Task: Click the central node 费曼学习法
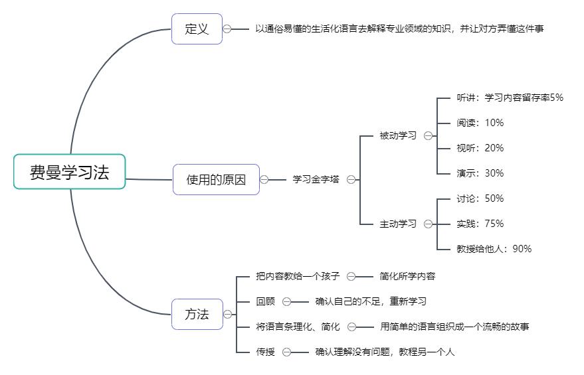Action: pyautogui.click(x=69, y=172)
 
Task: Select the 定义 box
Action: pyautogui.click(x=197, y=29)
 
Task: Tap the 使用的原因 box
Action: pyautogui.click(x=216, y=179)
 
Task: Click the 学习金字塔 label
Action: pyautogui.click(x=316, y=179)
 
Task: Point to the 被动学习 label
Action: pyautogui.click(x=398, y=135)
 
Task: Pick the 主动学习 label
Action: pyautogui.click(x=398, y=224)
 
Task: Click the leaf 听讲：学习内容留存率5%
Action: pyautogui.click(x=510, y=98)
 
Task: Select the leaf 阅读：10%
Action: pyautogui.click(x=480, y=123)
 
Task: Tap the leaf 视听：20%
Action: pyautogui.click(x=480, y=148)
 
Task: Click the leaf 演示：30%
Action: pyautogui.click(x=480, y=173)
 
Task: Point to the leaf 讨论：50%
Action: pyautogui.click(x=480, y=198)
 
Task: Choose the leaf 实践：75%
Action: pyautogui.click(x=480, y=224)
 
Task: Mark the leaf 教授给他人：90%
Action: pyautogui.click(x=494, y=249)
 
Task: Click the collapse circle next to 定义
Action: pyautogui.click(x=227, y=29)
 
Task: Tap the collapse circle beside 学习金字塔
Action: pyautogui.click(x=350, y=179)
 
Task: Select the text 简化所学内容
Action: pyautogui.click(x=407, y=276)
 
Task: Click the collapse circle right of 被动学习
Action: pyautogui.click(x=428, y=135)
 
